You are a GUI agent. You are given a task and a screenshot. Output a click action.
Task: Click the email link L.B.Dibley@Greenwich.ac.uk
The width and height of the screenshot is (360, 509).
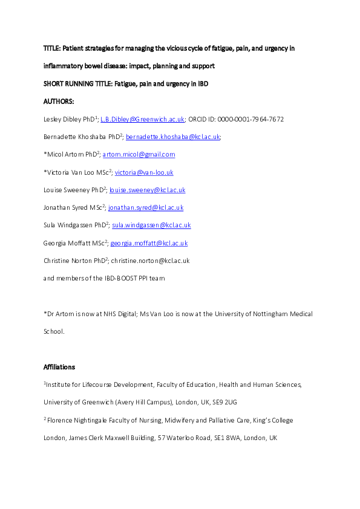133,119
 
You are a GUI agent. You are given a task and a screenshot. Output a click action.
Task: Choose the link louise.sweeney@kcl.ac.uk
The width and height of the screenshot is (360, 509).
147,190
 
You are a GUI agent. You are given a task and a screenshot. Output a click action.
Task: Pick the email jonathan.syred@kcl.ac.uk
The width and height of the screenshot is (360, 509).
146,207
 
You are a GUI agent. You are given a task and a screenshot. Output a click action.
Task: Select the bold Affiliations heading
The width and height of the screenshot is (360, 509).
61,366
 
